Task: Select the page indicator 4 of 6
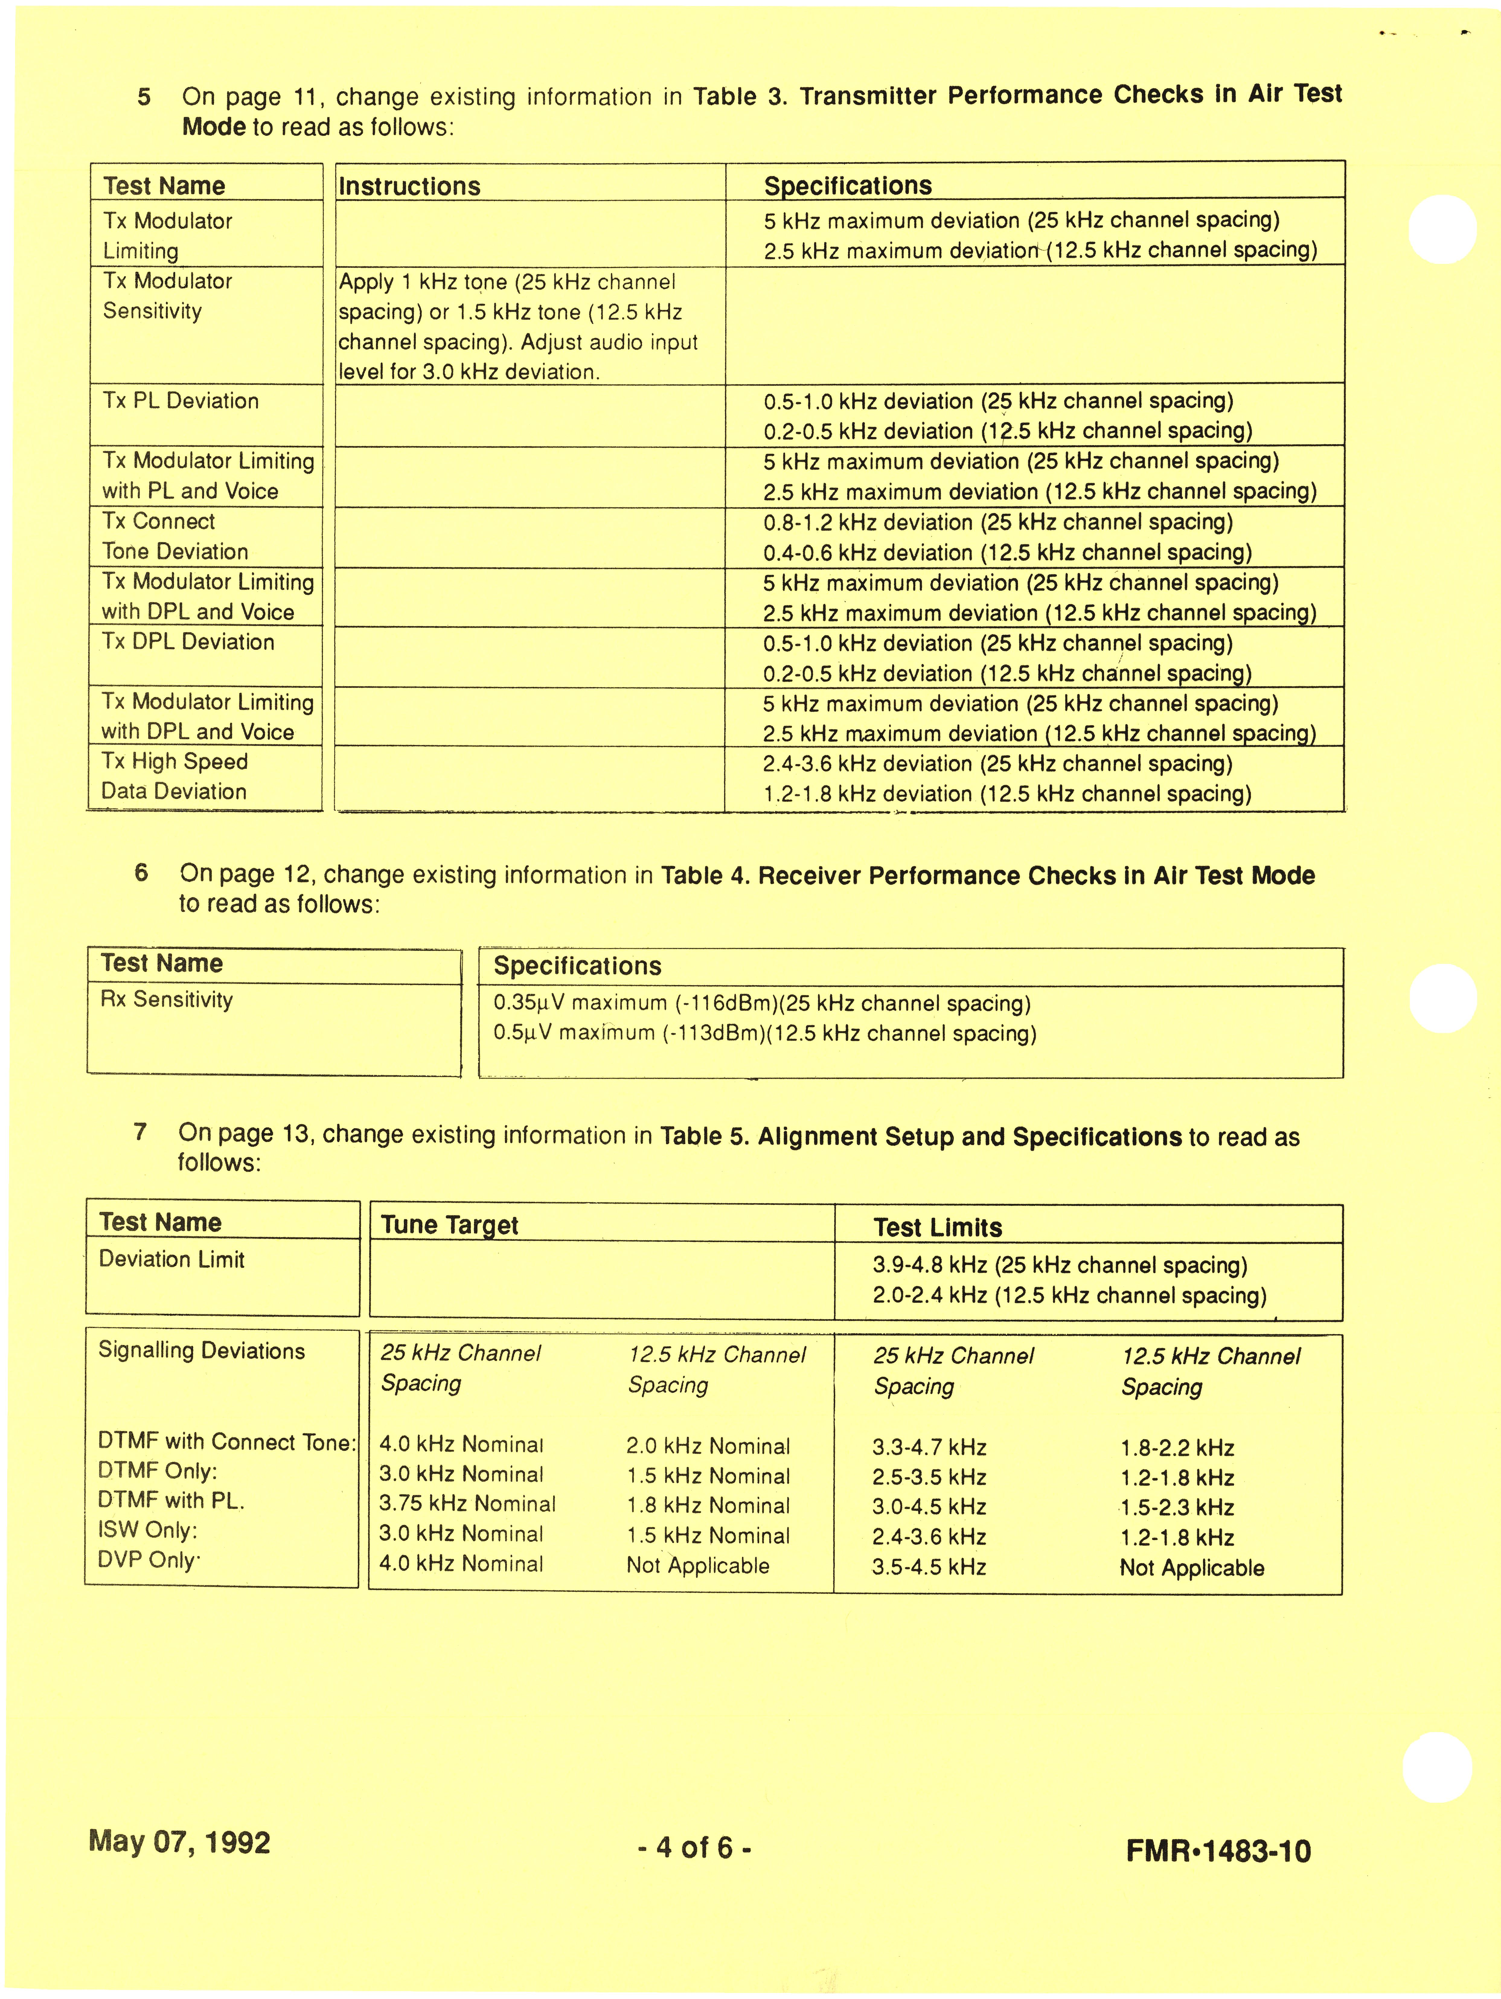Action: [694, 1847]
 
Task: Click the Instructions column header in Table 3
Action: [409, 186]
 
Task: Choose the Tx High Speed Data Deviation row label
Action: [174, 776]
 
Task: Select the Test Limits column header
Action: [937, 1227]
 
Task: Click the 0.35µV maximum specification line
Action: [761, 1003]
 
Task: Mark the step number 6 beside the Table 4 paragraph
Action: [141, 873]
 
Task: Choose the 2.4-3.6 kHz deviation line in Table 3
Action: [997, 764]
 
